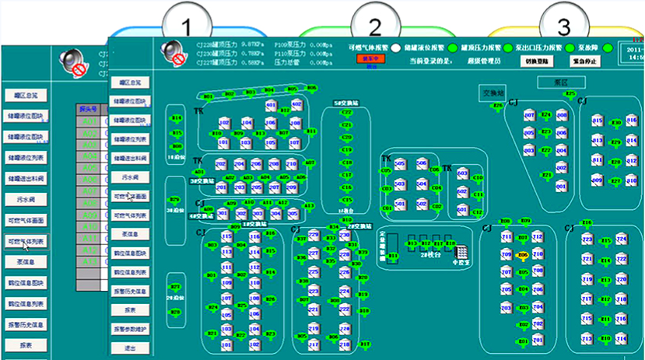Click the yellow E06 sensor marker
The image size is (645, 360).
[x=523, y=255]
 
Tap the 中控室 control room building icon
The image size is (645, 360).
[x=461, y=252]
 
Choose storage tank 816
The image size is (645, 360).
[x=598, y=123]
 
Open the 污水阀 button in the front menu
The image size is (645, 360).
[x=130, y=177]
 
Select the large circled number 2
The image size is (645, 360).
[x=375, y=26]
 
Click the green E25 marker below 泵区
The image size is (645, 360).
[x=571, y=95]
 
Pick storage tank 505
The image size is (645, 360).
[x=400, y=165]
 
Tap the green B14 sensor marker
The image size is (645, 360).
[x=177, y=119]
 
